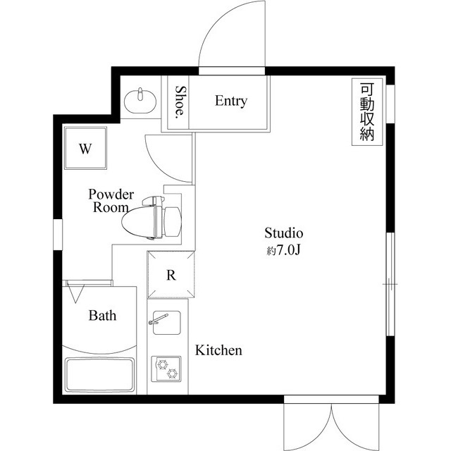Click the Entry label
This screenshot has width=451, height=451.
231,101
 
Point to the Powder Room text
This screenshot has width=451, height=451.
111,201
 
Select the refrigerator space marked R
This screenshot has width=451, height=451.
171,275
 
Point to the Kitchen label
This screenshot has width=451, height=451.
218,350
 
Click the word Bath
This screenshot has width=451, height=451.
102,316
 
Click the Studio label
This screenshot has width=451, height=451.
283,233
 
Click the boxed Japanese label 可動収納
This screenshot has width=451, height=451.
366,113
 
